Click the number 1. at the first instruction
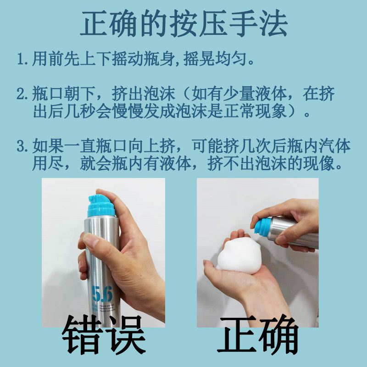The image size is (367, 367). tap(22, 60)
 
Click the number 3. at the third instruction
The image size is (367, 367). tap(22, 147)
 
